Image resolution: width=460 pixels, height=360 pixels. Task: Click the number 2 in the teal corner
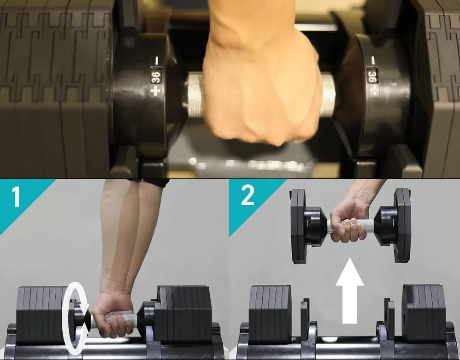(x=248, y=196)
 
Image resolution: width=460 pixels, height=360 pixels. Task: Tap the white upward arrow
(x=350, y=290)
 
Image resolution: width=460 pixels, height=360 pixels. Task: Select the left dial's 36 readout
(x=156, y=77)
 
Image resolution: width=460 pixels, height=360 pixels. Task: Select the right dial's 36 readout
(x=372, y=76)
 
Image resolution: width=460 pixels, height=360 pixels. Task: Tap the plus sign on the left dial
(x=155, y=90)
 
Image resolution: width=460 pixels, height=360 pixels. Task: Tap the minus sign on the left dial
(x=156, y=61)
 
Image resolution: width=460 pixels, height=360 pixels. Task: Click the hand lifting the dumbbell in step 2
(x=349, y=220)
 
